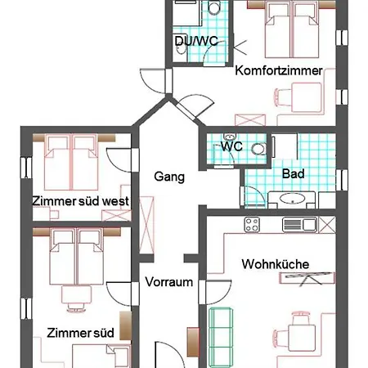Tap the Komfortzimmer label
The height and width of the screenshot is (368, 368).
pyautogui.click(x=278, y=70)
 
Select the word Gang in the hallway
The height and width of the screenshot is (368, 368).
pyautogui.click(x=169, y=176)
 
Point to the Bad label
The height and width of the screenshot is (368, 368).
pyautogui.click(x=293, y=174)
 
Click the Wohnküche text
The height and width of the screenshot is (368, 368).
pyautogui.click(x=274, y=263)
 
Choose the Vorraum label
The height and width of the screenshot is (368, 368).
pyautogui.click(x=168, y=282)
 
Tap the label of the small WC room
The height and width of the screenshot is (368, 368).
pyautogui.click(x=232, y=146)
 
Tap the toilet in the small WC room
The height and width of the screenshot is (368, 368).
pyautogui.click(x=258, y=148)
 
